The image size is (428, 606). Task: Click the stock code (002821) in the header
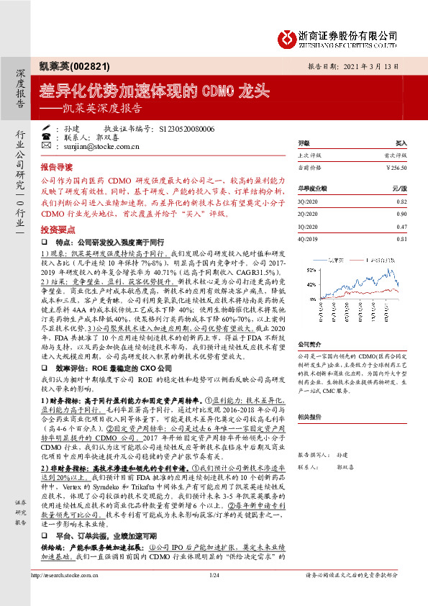91,66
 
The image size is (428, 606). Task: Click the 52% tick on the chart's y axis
304,269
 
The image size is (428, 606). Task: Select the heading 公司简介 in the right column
309,345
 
